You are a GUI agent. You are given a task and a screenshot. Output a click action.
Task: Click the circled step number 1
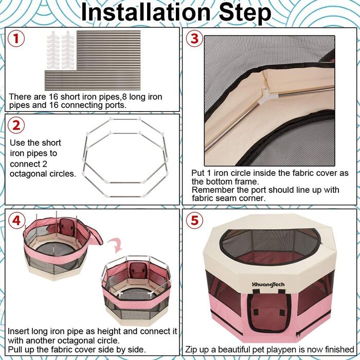click(x=16, y=39)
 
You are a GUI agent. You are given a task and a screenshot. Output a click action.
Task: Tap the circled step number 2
click(x=16, y=125)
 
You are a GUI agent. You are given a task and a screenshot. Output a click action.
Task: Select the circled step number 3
click(x=194, y=39)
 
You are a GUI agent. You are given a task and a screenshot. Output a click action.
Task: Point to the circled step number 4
click(x=16, y=221)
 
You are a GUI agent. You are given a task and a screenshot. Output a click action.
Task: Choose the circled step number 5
click(x=194, y=221)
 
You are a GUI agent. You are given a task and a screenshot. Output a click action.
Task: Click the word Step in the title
click(x=245, y=13)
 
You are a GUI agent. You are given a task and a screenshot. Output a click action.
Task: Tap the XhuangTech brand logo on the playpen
click(x=268, y=284)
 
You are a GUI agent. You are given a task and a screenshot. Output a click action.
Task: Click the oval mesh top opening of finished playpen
click(x=269, y=246)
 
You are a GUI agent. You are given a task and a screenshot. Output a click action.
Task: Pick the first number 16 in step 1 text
click(x=53, y=97)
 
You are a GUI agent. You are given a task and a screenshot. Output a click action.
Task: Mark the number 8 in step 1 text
click(x=124, y=97)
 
